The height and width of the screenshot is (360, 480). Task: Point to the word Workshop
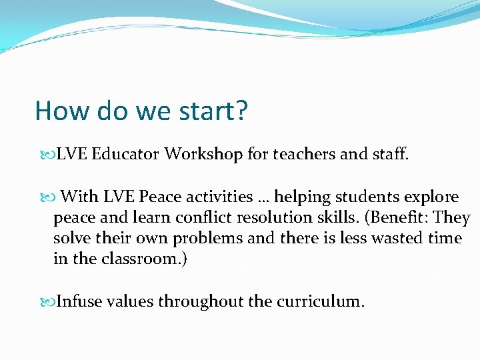pos(204,155)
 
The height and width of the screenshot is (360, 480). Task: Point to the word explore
pos(430,197)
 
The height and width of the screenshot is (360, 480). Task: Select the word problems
pos(207,239)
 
